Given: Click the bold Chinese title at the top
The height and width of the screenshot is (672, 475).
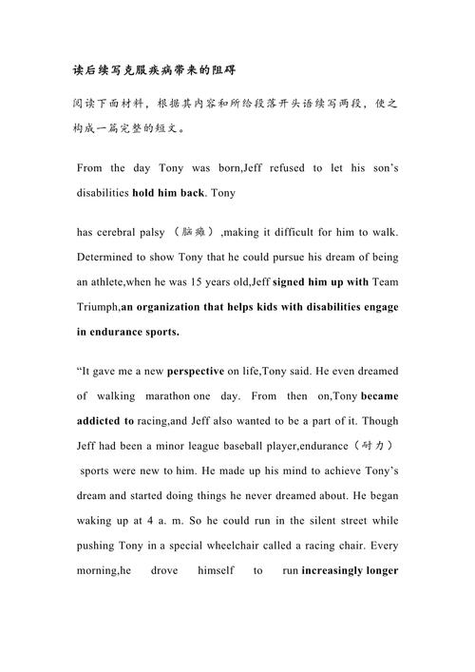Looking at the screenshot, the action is (x=154, y=70).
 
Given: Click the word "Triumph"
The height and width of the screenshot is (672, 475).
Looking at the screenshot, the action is (x=98, y=307).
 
